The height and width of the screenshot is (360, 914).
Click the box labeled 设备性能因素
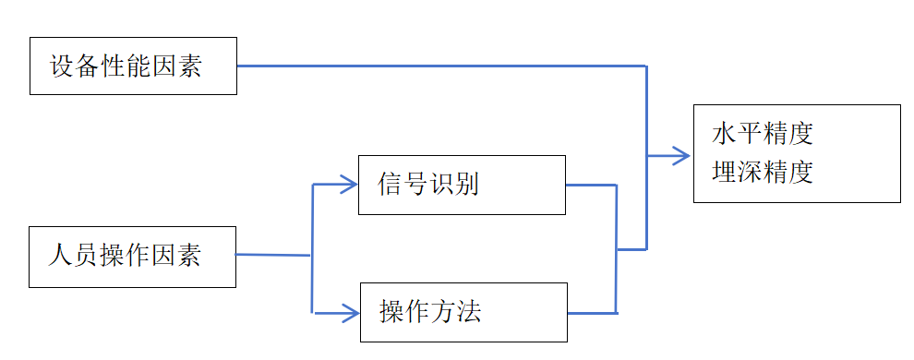[133, 66]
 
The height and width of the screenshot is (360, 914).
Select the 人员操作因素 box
[132, 255]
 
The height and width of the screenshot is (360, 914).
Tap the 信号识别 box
[462, 185]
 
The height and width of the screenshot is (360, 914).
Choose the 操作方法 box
[462, 312]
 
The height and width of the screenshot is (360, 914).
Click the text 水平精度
[763, 135]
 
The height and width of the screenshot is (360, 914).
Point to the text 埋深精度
[763, 173]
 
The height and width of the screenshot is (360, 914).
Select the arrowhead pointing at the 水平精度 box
[683, 155]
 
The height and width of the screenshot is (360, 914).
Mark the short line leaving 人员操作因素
[273, 255]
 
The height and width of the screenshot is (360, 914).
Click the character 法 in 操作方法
[468, 312]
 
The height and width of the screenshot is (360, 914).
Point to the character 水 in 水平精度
[725, 135]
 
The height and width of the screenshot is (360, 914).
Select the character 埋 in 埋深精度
[725, 173]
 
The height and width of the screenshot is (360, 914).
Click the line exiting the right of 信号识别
[591, 185]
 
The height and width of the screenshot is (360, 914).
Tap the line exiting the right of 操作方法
[591, 314]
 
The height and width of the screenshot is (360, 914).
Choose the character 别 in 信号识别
[466, 185]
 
